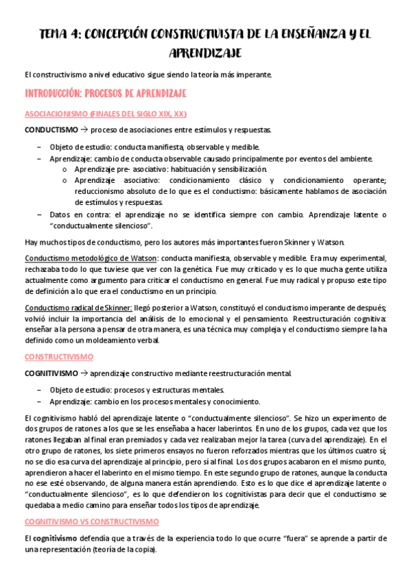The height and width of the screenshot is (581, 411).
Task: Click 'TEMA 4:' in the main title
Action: (x=61, y=34)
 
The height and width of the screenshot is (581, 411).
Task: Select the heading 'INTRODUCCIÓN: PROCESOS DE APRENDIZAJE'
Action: (x=106, y=92)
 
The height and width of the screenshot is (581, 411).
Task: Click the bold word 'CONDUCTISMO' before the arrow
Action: (x=51, y=129)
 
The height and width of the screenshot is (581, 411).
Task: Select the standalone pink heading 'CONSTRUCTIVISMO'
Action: (x=59, y=357)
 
